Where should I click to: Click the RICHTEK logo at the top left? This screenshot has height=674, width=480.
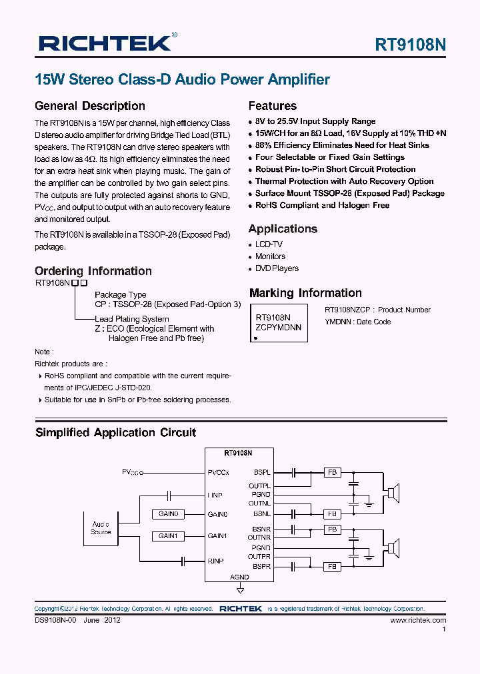click(105, 43)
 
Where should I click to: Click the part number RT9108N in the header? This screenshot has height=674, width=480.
click(410, 45)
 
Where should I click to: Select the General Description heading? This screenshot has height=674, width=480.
click(89, 106)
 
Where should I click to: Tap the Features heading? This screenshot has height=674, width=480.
click(272, 106)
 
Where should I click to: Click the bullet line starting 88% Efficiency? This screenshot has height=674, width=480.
click(342, 145)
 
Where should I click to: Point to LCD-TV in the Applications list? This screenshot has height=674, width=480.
click(269, 244)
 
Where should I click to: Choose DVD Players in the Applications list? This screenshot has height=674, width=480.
click(277, 268)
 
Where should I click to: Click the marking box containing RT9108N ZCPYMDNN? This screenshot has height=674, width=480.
click(279, 322)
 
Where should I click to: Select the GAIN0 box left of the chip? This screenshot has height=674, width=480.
click(168, 514)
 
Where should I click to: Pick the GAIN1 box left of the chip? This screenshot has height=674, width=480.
click(168, 536)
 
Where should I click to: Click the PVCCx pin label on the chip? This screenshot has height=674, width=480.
click(219, 472)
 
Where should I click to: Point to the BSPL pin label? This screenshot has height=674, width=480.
click(261, 472)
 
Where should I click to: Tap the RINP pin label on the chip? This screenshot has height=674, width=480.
click(216, 561)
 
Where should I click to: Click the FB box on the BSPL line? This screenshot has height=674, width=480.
click(331, 473)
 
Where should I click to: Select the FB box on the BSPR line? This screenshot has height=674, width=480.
click(331, 566)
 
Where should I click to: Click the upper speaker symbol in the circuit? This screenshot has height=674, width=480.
click(395, 494)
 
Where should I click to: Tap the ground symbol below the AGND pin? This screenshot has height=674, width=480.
click(240, 589)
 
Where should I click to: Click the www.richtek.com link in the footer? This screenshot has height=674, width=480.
click(418, 620)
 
